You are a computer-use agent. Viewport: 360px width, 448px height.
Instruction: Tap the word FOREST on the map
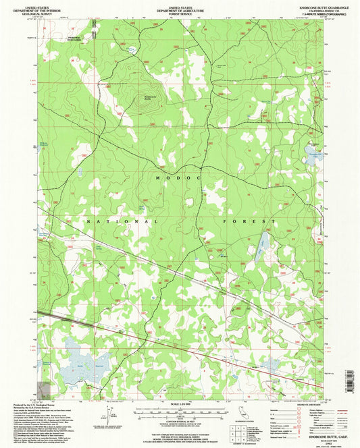click(x=249, y=221)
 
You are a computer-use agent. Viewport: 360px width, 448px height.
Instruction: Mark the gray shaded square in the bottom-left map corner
click(x=45, y=389)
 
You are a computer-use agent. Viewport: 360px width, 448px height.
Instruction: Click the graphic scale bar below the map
click(x=180, y=412)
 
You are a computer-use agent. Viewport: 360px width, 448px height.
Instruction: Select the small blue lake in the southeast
click(x=273, y=365)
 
